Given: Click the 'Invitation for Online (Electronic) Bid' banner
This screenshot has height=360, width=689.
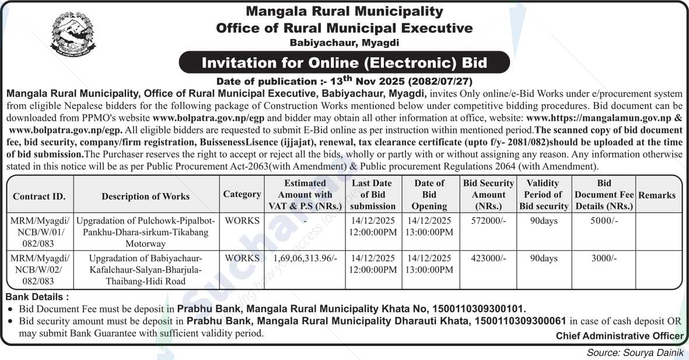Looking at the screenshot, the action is [344, 62].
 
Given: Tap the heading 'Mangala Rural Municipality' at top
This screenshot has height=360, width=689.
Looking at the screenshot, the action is [344, 11].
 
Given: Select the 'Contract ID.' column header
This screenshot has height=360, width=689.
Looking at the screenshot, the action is [39, 196].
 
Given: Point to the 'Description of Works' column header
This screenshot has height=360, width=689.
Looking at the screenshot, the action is [146, 196].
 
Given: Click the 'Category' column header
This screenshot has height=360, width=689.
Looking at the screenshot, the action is [242, 194].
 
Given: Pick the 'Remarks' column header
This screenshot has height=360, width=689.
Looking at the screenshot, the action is [657, 195].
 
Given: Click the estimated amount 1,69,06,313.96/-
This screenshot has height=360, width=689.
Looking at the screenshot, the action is [305, 258].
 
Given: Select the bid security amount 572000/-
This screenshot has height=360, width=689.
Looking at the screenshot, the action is [488, 221].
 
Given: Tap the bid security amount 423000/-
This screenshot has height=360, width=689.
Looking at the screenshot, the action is [488, 258].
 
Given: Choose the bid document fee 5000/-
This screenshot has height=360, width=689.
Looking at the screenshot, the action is [604, 221].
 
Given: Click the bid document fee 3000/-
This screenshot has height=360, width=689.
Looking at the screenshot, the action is [604, 258].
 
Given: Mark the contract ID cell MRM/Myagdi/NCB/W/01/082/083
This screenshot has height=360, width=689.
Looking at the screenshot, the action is [39, 232].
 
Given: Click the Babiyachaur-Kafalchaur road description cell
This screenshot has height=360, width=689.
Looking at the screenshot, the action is [146, 270].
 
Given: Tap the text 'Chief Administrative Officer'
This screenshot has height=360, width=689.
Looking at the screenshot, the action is [620, 335].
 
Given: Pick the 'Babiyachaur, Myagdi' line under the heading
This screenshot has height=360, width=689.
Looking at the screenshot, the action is [344, 42].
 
